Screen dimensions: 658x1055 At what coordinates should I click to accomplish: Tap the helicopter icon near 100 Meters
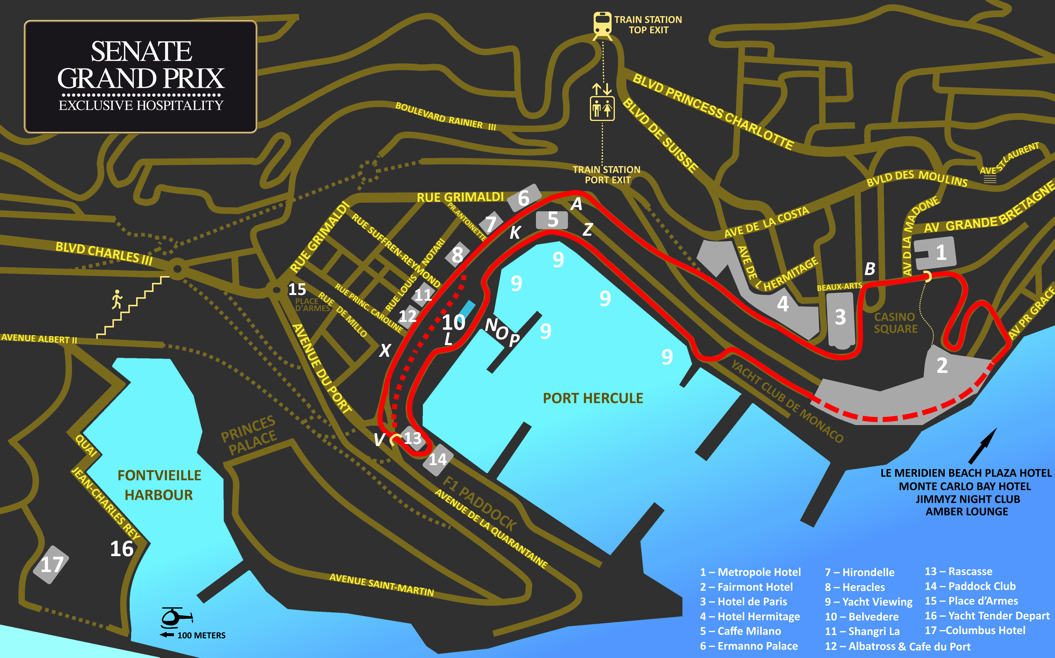click(x=176, y=617)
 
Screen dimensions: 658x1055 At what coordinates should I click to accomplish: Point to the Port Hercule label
click(x=593, y=398)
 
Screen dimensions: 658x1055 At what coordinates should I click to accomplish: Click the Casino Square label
click(x=895, y=323)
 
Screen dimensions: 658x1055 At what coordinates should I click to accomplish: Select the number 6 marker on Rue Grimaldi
click(x=524, y=198)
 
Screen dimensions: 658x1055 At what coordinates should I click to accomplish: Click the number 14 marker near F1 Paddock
click(x=438, y=459)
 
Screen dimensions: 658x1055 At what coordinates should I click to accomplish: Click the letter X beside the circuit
click(x=385, y=350)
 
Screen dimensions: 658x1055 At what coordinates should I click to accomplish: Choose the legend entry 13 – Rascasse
click(x=958, y=571)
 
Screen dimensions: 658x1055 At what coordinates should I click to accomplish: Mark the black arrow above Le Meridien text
click(x=982, y=446)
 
